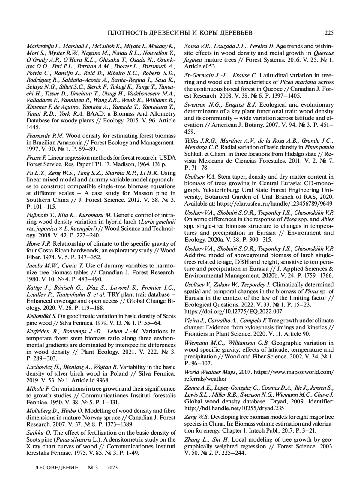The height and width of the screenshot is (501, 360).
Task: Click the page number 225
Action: pyautogui.click(x=329, y=33)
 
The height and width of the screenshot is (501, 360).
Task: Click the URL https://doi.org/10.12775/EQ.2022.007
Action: pyautogui.click(x=233, y=312)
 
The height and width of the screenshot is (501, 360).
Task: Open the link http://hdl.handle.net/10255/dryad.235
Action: pyautogui.click(x=234, y=408)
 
